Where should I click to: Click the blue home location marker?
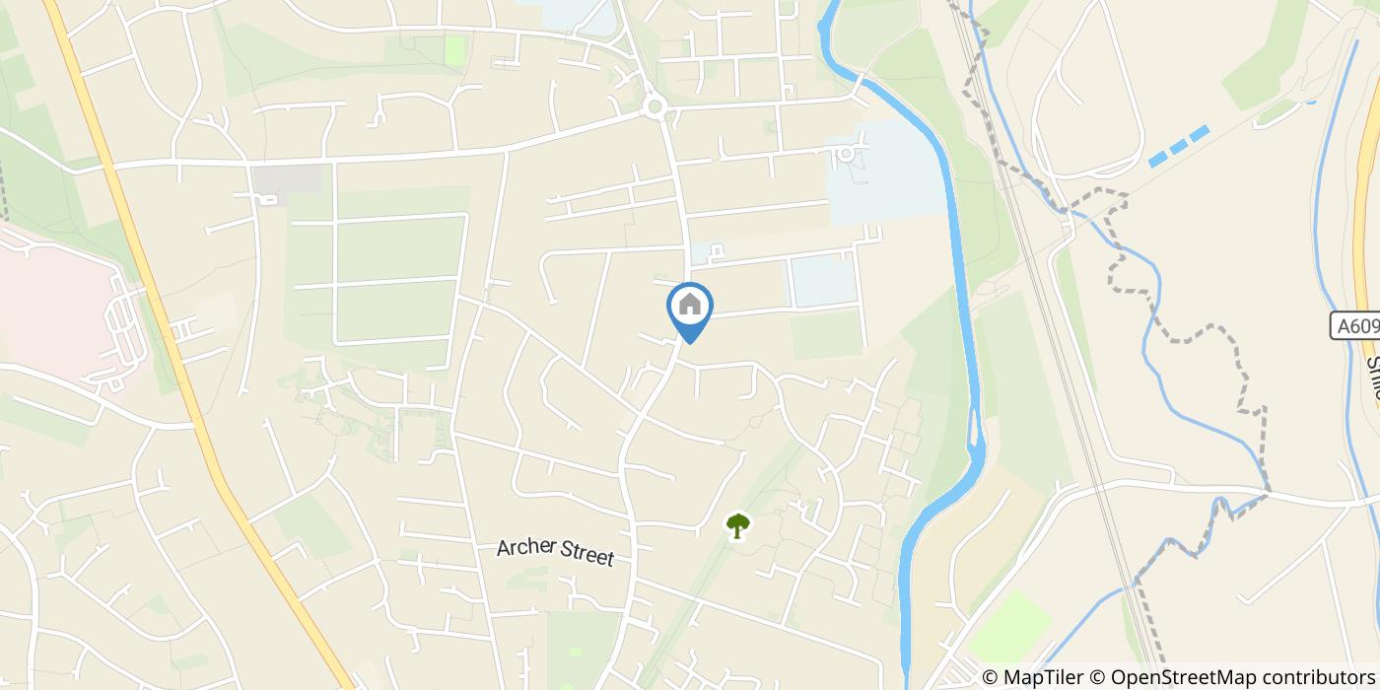(x=690, y=308)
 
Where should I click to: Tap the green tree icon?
(x=736, y=525)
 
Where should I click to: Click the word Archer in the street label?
(x=526, y=548)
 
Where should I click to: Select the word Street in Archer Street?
(x=587, y=556)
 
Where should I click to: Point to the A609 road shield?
(x=1354, y=326)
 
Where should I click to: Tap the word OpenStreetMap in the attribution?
(x=1170, y=677)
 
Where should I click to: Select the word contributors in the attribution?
(x=1301, y=677)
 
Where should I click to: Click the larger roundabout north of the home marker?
(x=654, y=106)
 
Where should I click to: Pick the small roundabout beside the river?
(x=845, y=154)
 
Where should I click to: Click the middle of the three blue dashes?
(x=1180, y=146)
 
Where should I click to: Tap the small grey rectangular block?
(x=286, y=178)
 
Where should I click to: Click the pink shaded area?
(x=49, y=296)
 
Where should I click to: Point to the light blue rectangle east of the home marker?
(x=822, y=281)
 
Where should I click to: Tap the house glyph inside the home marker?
(x=690, y=304)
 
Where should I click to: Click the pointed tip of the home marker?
(x=690, y=342)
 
